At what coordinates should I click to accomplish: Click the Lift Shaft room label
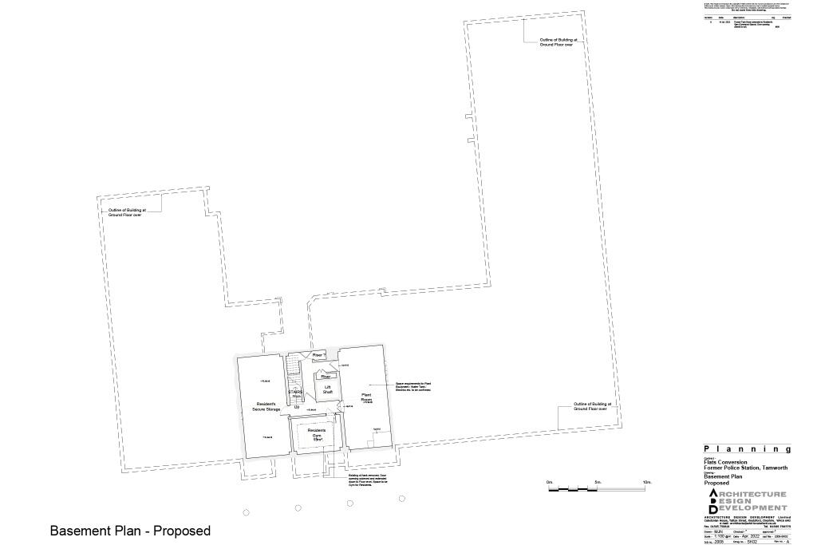tap(327, 389)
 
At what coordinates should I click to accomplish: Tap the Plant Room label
tap(367, 397)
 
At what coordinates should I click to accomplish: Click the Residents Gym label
tap(317, 432)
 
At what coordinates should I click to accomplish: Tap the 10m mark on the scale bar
tap(647, 483)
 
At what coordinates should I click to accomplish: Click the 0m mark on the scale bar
tap(550, 483)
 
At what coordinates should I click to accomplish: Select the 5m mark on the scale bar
tap(598, 483)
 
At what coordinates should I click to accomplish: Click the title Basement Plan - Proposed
tap(130, 531)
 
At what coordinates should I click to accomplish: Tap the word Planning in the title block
tap(747, 448)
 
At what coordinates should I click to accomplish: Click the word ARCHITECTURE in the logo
tap(752, 495)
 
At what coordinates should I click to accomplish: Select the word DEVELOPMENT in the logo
tap(752, 508)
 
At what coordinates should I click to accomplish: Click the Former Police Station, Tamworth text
tap(745, 468)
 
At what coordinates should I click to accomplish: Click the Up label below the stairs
tap(297, 408)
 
